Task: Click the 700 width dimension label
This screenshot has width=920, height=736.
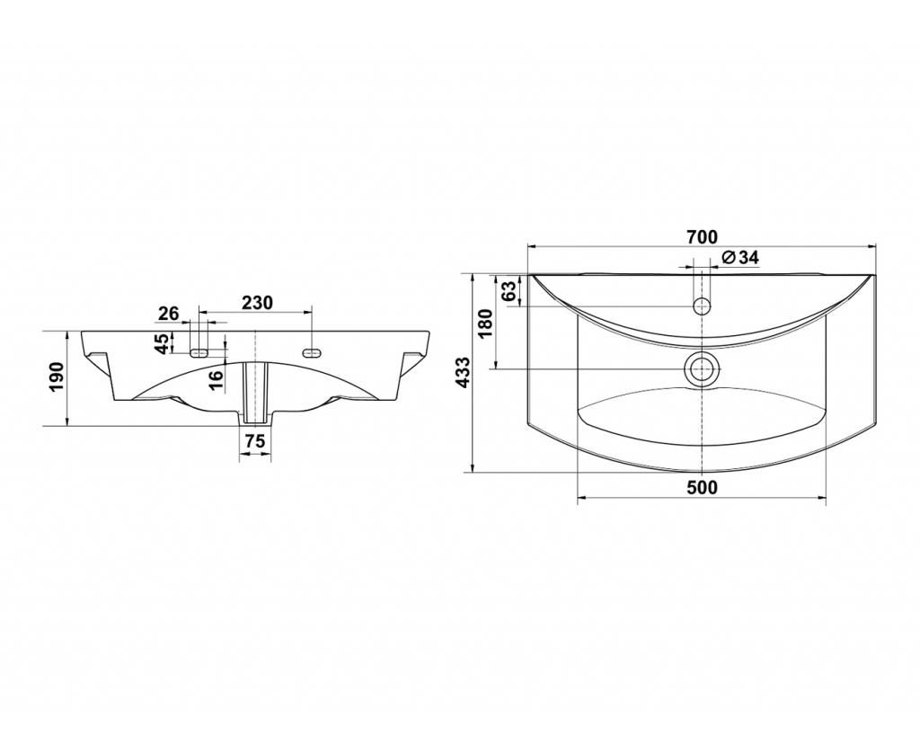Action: (701, 237)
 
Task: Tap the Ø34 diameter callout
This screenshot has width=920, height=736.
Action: (740, 257)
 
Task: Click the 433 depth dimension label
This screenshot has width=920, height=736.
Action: (464, 371)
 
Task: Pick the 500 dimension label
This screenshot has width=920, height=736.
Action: (701, 487)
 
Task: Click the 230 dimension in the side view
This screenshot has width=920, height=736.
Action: (258, 303)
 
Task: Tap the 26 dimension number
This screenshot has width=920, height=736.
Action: (168, 314)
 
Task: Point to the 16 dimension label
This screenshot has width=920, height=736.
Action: (216, 379)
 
